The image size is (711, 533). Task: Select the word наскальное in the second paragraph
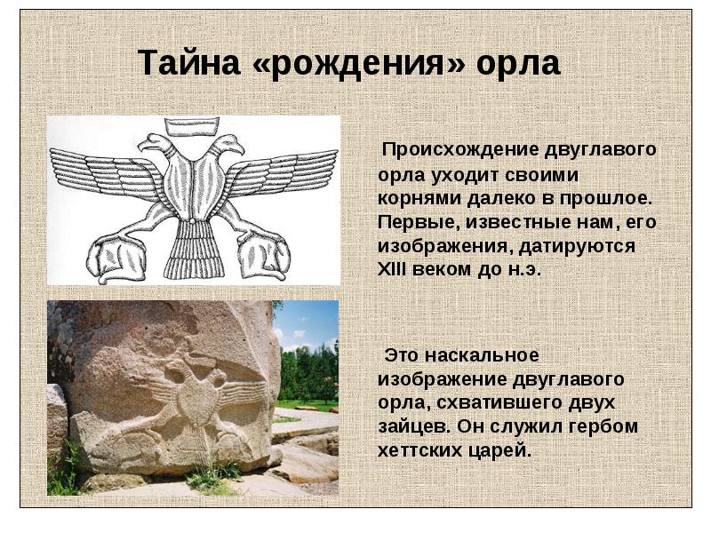coord(486,356)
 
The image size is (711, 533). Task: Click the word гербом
coord(607,426)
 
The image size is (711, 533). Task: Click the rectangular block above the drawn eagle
coord(194,126)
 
